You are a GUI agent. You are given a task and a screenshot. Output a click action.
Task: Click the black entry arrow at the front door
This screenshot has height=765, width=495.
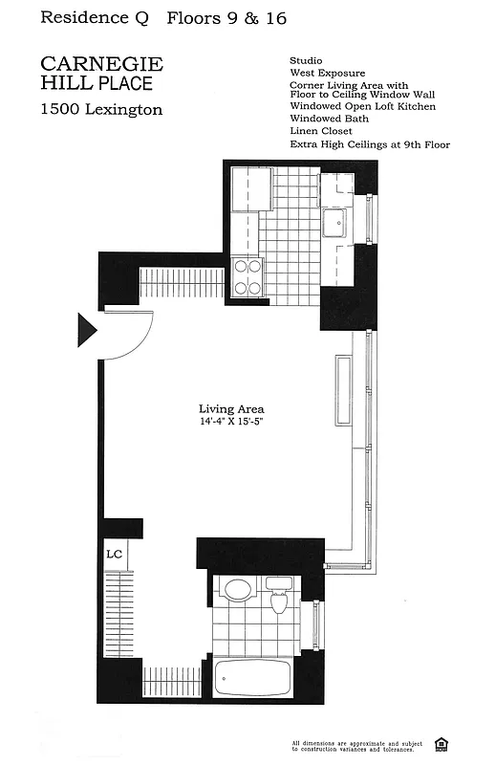[86, 330]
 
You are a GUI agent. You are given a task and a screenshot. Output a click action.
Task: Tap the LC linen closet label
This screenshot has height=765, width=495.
[114, 554]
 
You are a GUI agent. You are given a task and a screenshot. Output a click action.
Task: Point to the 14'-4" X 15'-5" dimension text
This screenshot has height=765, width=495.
[231, 422]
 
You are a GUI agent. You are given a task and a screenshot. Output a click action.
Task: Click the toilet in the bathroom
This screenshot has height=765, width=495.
[279, 597]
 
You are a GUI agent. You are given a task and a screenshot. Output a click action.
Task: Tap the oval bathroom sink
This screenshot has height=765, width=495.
[236, 589]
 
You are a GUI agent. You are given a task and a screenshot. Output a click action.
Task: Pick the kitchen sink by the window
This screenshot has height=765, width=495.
[334, 225]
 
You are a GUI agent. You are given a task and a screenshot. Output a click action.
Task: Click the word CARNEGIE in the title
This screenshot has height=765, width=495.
[102, 65]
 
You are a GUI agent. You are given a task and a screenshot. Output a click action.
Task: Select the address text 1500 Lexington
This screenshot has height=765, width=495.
[101, 110]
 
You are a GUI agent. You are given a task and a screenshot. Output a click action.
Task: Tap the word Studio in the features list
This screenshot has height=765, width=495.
[306, 61]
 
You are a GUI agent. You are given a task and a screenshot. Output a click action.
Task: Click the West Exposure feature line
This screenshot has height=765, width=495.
[327, 73]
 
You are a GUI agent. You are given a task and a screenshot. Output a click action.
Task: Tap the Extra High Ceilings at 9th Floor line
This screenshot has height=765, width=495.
[369, 145]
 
